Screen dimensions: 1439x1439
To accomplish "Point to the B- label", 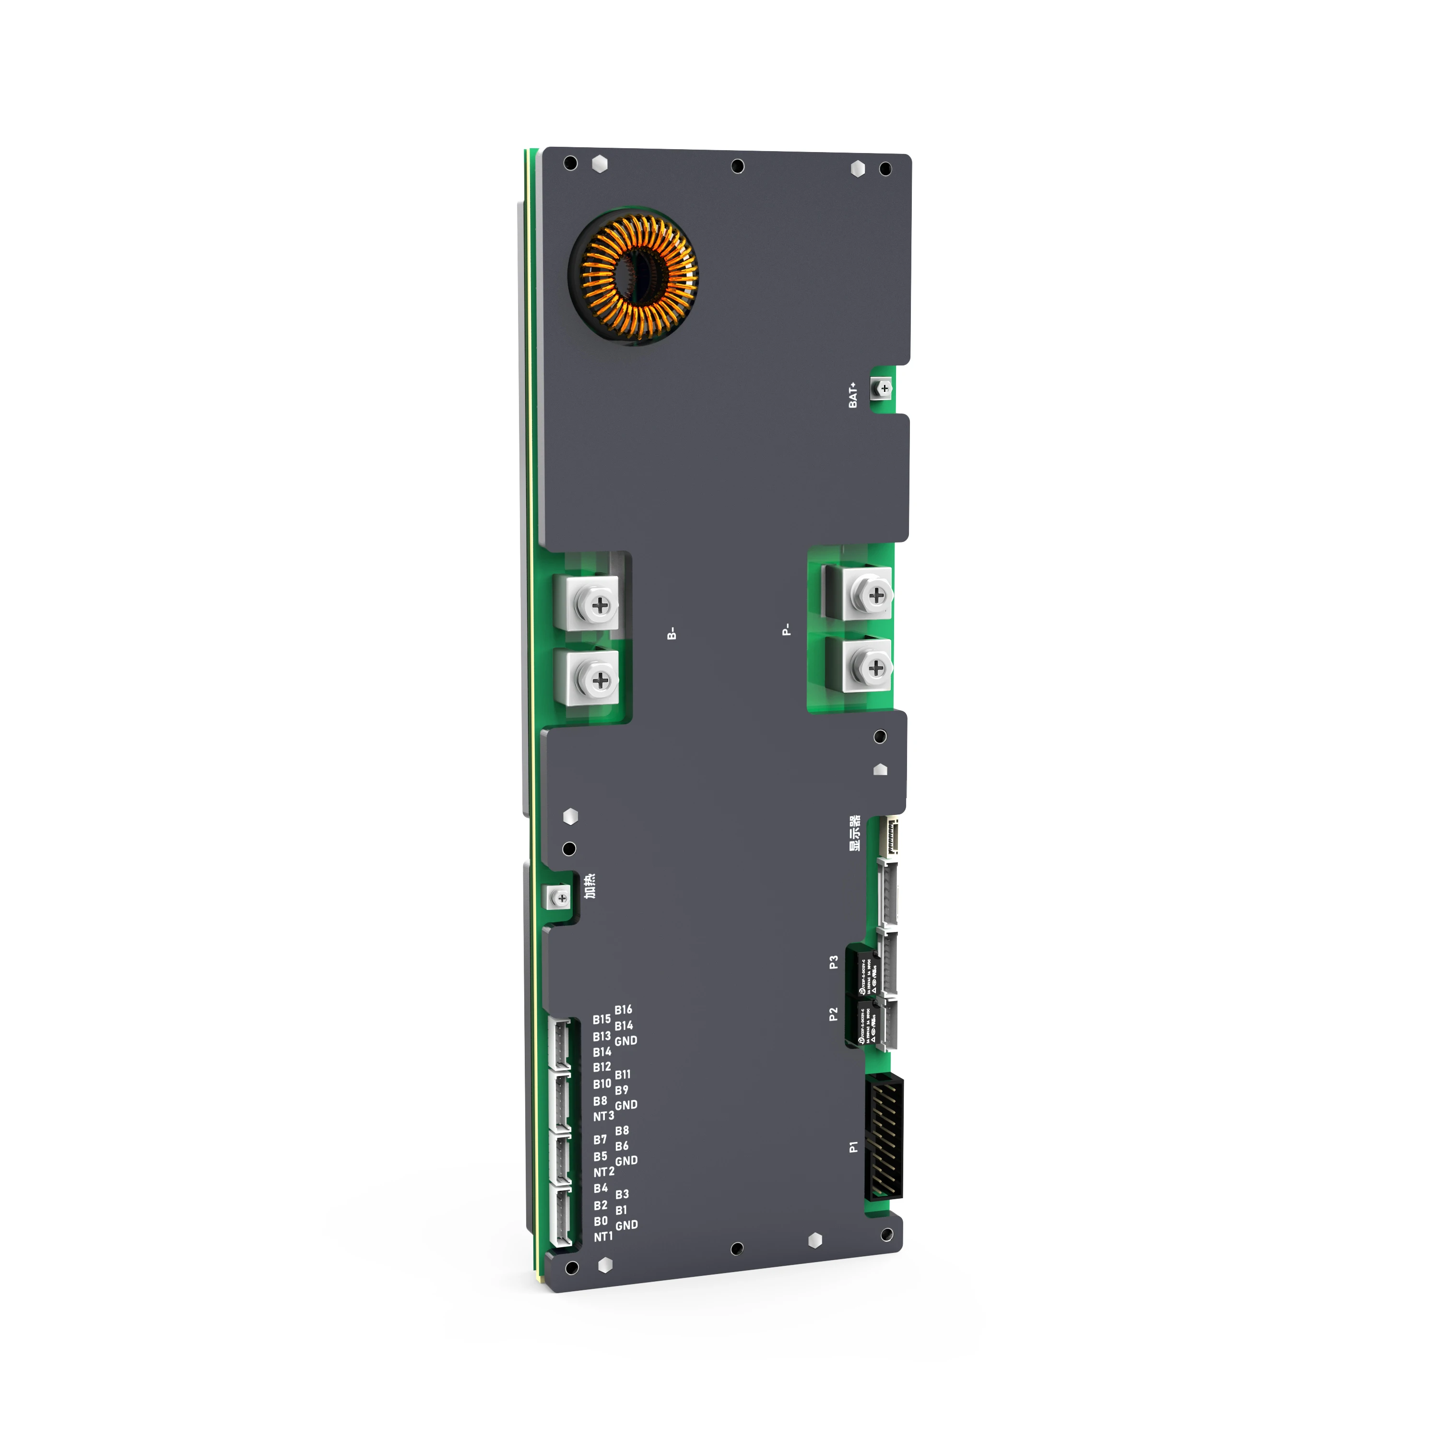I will pos(672,634).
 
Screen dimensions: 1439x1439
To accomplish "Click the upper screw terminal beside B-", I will pos(599,605).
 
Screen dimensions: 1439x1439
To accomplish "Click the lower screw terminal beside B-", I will pos(599,679).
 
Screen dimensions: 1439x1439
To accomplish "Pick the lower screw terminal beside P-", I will pos(876,667).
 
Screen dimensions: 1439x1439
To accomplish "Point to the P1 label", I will pos(854,1147).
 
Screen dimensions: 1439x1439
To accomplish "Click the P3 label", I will pos(834,962).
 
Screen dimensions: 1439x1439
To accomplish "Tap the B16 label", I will pos(624,1010).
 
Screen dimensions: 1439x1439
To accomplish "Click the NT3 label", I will pos(603,1117).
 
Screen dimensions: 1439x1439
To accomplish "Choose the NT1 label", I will pos(603,1237).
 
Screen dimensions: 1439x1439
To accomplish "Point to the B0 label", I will pos(601,1222).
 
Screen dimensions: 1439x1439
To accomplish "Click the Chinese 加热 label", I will pos(590,887).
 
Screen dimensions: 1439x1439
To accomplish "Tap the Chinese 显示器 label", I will pos(855,834).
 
